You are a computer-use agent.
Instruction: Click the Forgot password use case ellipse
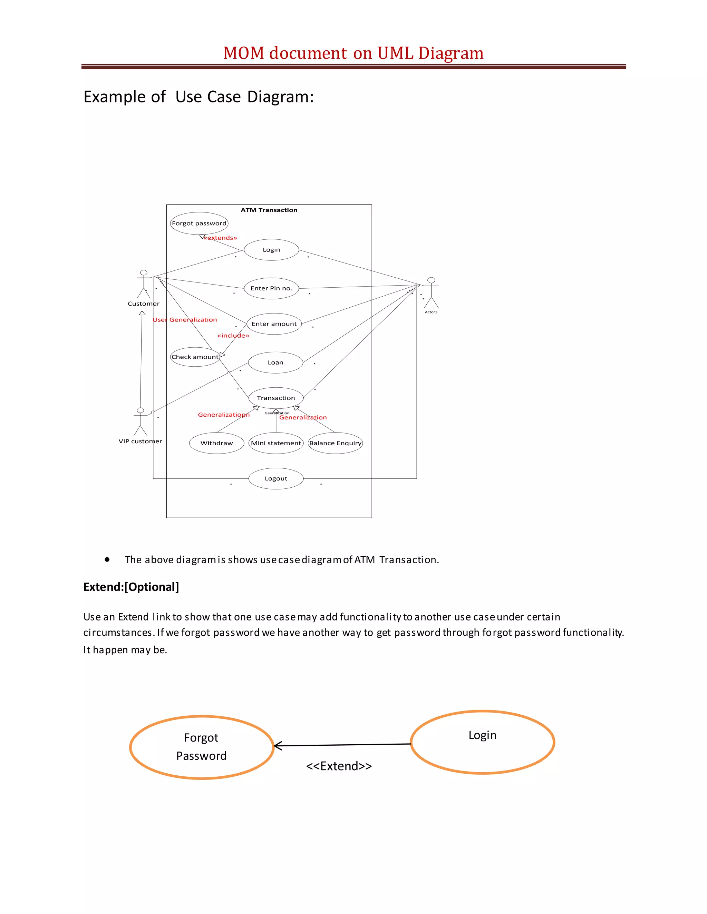point(199,223)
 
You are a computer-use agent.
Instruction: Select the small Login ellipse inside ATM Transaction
point(271,250)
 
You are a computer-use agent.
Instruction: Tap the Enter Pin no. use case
point(271,288)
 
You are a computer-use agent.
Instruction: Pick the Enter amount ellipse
point(274,324)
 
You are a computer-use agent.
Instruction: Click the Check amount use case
point(195,357)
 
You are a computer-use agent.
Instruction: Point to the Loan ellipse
point(275,362)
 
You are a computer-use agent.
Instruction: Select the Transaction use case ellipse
point(276,398)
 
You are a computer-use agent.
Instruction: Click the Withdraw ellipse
point(216,443)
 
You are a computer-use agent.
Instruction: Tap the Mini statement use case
point(276,443)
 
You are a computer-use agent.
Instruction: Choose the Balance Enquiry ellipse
point(335,443)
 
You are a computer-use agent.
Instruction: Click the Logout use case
point(276,478)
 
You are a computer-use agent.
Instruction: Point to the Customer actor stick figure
point(144,285)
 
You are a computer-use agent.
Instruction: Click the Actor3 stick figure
point(431,292)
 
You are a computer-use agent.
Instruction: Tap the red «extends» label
point(220,238)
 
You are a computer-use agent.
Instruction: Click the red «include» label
point(233,336)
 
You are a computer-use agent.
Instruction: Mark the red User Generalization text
point(185,320)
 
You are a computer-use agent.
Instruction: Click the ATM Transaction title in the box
point(269,210)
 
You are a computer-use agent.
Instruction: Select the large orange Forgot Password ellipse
point(202,747)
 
